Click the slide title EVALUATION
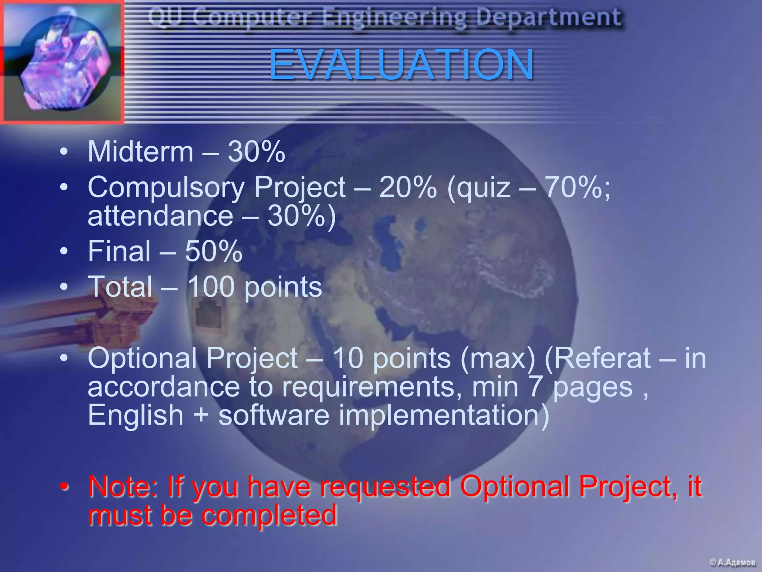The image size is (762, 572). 401,64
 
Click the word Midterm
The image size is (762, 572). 141,152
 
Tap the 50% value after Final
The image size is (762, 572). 214,251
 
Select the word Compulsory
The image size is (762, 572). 166,187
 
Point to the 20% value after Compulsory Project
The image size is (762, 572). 408,187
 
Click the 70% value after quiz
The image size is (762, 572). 577,187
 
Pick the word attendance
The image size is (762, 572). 160,216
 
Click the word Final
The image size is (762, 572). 119,251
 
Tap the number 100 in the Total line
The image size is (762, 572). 211,287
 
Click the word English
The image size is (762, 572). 136,415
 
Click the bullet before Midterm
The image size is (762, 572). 64,153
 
